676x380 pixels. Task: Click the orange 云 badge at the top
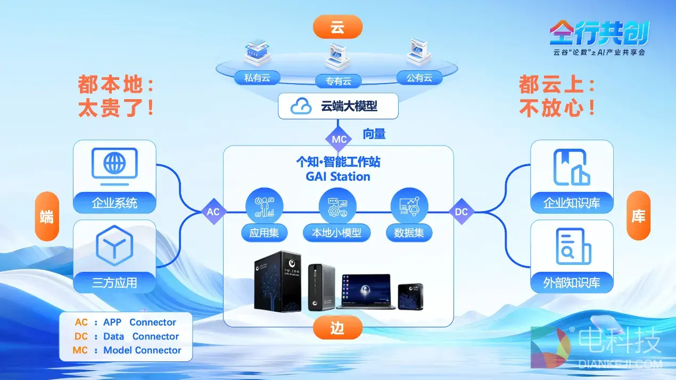tap(337, 27)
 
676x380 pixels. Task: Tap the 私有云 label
tap(257, 78)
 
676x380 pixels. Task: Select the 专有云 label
tap(338, 81)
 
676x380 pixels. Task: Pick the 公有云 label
tap(419, 78)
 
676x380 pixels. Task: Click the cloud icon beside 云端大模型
tap(301, 107)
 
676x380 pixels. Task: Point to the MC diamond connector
tap(339, 140)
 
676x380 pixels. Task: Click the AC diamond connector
tap(213, 212)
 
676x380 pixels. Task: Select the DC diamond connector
tap(461, 212)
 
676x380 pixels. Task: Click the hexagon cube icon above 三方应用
tap(114, 246)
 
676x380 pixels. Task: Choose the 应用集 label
tap(264, 232)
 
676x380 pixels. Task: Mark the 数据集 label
tap(409, 232)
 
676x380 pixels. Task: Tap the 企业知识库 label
tap(572, 203)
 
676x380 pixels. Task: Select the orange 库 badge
tap(638, 216)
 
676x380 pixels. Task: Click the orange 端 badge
tap(47, 216)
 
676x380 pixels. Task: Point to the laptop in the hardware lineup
tap(366, 292)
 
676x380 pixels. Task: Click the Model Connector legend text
tap(142, 350)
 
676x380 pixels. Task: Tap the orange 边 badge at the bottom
tap(337, 328)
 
